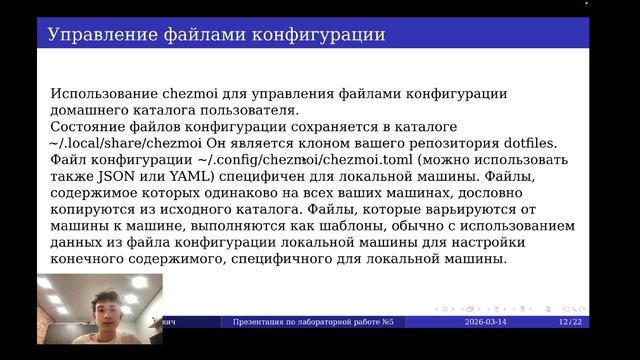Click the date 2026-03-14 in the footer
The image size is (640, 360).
click(492, 322)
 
